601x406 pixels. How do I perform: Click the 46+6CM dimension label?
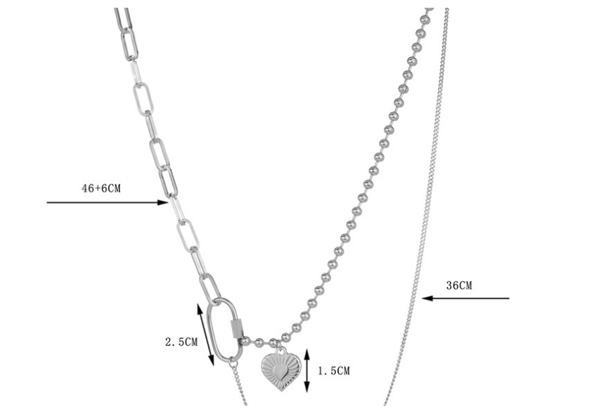coord(102,188)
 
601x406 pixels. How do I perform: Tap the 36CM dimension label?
coord(459,285)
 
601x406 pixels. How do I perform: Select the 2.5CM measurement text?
coord(181,343)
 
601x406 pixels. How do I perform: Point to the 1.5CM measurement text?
coord(334,370)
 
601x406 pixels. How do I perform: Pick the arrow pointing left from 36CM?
coord(465,299)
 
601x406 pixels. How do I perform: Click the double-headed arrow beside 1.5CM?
coord(306,369)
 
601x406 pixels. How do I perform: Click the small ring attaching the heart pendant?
coord(279,348)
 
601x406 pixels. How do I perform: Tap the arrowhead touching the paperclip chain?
coord(164,203)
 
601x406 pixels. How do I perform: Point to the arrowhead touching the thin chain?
coord(426,299)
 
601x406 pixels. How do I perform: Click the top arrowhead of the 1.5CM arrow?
coord(306,351)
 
